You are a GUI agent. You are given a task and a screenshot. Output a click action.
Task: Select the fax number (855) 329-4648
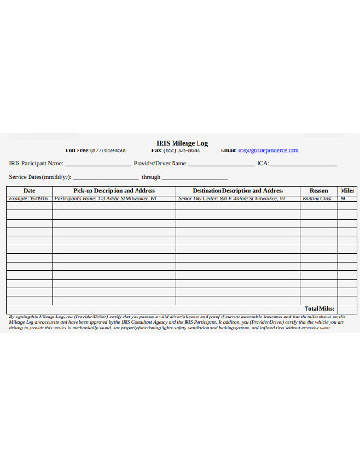(185, 149)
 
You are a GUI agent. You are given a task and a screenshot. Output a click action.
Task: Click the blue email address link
(269, 149)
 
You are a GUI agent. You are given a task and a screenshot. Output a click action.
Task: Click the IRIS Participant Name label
(36, 163)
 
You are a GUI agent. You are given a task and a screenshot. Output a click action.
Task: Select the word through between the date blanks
(151, 176)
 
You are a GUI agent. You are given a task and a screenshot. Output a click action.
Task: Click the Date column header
(30, 190)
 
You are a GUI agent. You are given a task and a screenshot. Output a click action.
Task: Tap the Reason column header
(318, 190)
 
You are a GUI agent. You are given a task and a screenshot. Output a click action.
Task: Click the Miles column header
(347, 190)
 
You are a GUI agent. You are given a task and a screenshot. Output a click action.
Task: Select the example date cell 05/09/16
(29, 198)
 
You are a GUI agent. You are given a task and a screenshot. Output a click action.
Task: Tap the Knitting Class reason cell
(318, 198)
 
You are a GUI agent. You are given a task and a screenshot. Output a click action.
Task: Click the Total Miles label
(319, 307)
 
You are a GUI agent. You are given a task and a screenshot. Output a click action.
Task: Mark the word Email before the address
(228, 149)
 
